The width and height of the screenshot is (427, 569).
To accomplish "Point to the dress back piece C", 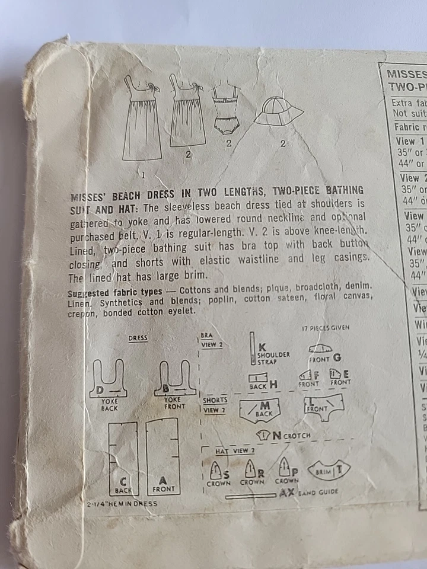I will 123,458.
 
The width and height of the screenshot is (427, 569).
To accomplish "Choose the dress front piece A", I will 163,456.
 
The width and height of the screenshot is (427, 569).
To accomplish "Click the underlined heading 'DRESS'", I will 138,338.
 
